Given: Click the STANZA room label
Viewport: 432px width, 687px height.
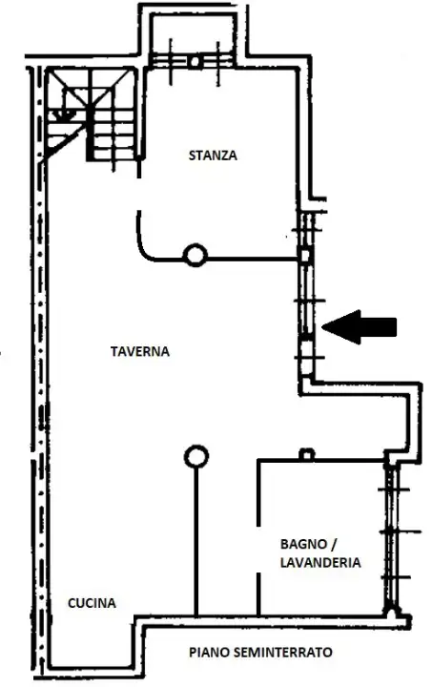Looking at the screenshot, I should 212,156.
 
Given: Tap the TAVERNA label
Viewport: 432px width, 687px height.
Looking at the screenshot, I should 139,351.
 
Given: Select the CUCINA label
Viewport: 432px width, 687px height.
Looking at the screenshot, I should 92,603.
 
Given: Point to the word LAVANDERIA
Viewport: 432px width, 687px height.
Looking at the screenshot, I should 319,563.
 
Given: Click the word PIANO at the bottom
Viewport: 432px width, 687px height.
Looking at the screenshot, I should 206,653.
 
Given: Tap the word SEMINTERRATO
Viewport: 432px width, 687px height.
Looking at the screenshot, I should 281,653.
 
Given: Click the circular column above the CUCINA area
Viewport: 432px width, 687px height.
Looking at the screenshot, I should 195,457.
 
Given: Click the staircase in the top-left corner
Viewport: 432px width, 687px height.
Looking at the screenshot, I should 95,114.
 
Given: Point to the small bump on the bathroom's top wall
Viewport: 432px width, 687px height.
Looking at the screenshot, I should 306,454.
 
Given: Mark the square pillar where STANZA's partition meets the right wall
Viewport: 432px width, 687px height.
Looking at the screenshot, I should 305,255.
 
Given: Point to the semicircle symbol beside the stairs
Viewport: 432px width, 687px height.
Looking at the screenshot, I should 65,112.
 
